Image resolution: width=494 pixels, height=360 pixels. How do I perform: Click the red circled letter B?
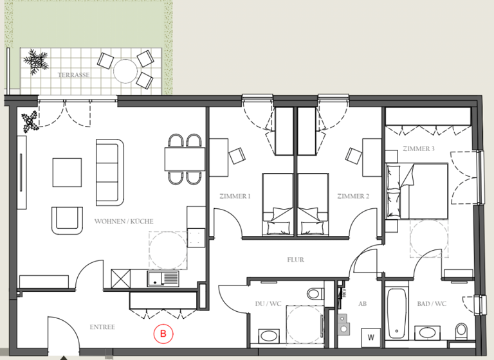163,334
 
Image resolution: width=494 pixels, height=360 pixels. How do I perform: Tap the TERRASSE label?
73,75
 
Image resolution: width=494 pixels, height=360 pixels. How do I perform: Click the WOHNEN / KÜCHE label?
123,221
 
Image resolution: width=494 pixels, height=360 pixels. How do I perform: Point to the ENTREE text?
102,327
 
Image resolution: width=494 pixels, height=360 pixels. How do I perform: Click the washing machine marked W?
371,336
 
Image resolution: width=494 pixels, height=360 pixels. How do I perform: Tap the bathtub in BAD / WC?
396,314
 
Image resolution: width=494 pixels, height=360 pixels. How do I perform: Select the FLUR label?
295,260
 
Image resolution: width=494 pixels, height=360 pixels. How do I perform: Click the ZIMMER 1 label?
234,196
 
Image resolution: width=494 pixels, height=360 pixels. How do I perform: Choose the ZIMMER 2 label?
352,196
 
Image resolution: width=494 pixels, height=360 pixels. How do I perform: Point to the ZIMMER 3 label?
419,149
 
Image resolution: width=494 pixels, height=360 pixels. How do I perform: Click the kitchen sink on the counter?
162,278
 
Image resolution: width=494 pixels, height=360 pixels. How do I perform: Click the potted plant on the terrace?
35,61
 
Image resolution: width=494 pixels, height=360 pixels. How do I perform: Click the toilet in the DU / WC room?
313,294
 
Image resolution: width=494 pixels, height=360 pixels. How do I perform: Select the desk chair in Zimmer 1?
237,155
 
